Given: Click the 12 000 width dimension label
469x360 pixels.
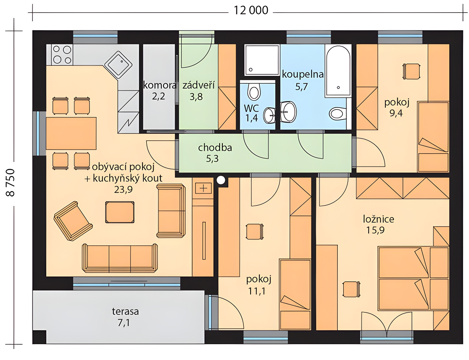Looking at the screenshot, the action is pyautogui.click(x=251, y=10).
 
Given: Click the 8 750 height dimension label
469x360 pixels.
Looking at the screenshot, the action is pyautogui.click(x=10, y=183).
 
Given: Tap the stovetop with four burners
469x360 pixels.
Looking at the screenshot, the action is pyautogui.click(x=62, y=55).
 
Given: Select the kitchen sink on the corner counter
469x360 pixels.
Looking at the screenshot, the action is pyautogui.click(x=118, y=65).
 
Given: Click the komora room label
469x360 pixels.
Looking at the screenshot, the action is pyautogui.click(x=160, y=85).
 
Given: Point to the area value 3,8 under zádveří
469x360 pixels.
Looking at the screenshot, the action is pyautogui.click(x=196, y=97).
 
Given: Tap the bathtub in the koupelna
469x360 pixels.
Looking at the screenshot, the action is pyautogui.click(x=338, y=71).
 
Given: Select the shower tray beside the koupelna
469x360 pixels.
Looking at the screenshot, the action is pyautogui.click(x=262, y=60).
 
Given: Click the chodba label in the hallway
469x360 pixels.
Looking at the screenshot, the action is pyautogui.click(x=215, y=148).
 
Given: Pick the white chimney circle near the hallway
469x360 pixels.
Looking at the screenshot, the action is pyautogui.click(x=221, y=180).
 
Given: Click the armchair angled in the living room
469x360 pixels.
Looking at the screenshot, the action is pyautogui.click(x=73, y=221).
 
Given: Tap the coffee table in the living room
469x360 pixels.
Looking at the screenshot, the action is pyautogui.click(x=120, y=212).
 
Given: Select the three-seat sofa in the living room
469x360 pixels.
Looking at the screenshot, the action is pyautogui.click(x=120, y=258).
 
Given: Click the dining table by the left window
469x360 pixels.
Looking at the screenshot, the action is pyautogui.click(x=71, y=133).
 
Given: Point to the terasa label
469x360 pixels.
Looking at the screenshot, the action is pyautogui.click(x=125, y=311).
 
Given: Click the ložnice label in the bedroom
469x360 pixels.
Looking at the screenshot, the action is pyautogui.click(x=379, y=219).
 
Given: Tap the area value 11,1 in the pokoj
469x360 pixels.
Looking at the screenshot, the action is pyautogui.click(x=257, y=291).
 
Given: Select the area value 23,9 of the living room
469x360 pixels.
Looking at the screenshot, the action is pyautogui.click(x=123, y=190).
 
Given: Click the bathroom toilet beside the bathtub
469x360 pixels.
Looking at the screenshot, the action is pyautogui.click(x=338, y=113).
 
